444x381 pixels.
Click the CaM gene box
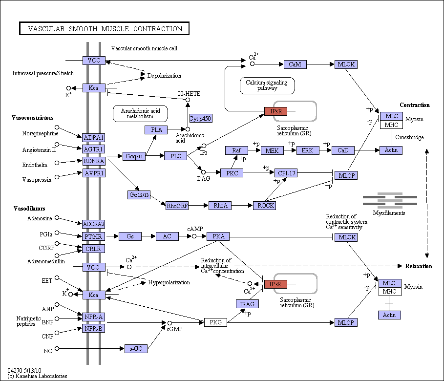(x=295, y=64)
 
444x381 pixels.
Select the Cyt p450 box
(x=201, y=118)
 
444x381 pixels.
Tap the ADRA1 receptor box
(x=94, y=138)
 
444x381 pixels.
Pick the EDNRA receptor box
(x=94, y=161)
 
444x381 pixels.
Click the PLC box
(x=176, y=156)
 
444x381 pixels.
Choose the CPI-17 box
(x=286, y=173)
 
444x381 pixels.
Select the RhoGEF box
(x=177, y=206)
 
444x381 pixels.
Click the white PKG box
(x=215, y=322)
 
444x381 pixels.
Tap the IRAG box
(x=247, y=304)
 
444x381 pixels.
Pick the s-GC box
(x=136, y=349)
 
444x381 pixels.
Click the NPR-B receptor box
(x=93, y=329)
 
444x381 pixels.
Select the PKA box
(x=218, y=236)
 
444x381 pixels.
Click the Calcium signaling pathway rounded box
(x=267, y=85)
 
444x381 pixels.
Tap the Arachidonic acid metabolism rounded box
(x=141, y=114)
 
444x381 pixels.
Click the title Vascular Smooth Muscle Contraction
(x=105, y=28)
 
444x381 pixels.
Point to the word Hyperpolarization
(x=169, y=282)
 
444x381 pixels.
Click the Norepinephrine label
(x=40, y=133)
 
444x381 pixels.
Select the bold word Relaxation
(x=419, y=266)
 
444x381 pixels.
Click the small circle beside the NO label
(x=57, y=348)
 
